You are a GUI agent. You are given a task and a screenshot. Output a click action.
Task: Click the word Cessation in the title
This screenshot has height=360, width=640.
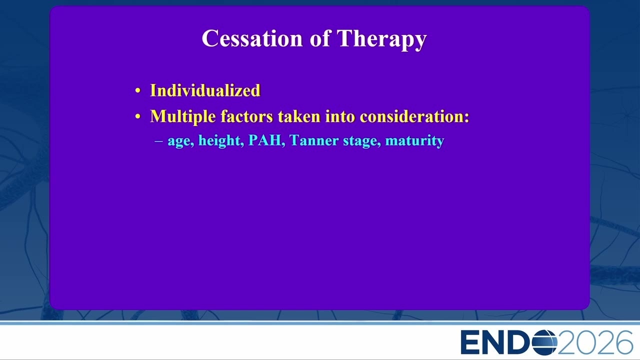[252, 38]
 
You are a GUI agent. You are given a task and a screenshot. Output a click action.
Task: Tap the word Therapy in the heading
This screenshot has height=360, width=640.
[381, 39]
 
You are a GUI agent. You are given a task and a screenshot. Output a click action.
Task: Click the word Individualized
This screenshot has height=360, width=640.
[205, 90]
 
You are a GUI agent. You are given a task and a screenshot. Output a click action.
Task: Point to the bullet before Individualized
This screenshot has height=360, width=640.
[138, 91]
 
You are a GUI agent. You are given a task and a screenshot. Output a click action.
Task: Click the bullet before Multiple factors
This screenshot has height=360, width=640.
[138, 116]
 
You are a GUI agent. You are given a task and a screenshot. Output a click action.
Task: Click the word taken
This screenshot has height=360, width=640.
[299, 116]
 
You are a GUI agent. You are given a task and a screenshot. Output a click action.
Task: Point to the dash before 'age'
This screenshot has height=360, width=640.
[158, 141]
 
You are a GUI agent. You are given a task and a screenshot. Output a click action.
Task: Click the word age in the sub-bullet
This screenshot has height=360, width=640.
[179, 141]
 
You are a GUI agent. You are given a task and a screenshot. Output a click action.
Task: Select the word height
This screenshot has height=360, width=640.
[219, 141]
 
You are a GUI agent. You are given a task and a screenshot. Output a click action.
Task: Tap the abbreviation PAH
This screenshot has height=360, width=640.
[265, 140]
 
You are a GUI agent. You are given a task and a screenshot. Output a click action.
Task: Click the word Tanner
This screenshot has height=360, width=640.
[313, 140]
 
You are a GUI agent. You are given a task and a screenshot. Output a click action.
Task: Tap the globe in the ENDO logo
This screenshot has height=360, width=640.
[544, 342]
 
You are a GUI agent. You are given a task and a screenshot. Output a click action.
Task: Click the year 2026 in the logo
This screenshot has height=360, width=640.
[595, 342]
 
